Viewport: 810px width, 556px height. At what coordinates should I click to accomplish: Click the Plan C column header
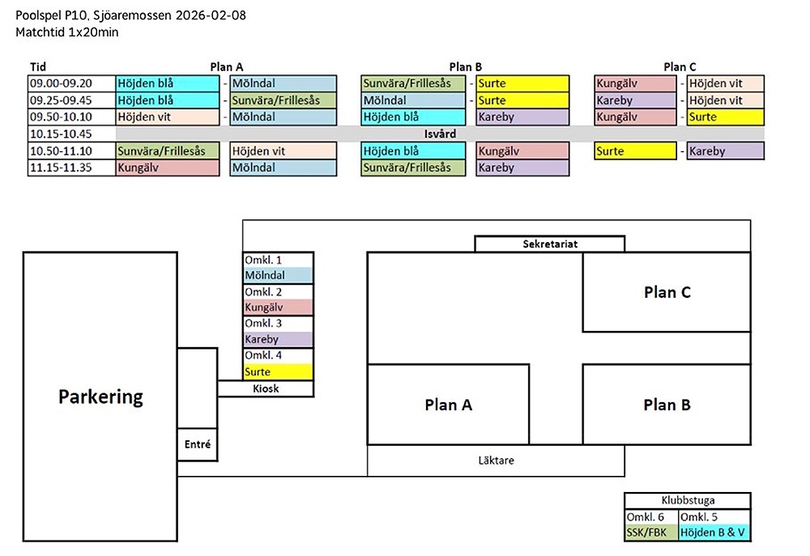(x=679, y=67)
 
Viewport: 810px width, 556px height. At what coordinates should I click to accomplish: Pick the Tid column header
(x=38, y=67)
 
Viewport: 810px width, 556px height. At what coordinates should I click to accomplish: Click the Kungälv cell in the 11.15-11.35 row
(x=168, y=168)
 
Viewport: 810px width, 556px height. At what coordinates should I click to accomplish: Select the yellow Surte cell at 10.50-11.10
(x=635, y=151)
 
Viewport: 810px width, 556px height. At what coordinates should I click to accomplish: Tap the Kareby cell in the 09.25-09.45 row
(x=635, y=100)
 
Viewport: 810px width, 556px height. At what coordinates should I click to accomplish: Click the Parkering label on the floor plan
(x=100, y=397)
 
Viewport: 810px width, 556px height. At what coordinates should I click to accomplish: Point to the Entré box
(x=198, y=444)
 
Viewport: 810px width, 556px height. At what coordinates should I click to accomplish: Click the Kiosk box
(x=266, y=388)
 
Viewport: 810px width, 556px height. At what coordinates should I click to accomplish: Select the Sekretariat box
(x=549, y=244)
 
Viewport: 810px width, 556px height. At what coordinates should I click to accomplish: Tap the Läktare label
(x=496, y=461)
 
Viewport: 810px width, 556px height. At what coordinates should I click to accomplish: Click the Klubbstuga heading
(x=687, y=501)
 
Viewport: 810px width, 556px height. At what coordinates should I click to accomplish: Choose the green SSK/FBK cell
(x=650, y=533)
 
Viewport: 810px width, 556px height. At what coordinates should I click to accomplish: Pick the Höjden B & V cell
(x=714, y=533)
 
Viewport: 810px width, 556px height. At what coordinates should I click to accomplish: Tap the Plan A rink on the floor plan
(x=448, y=405)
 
